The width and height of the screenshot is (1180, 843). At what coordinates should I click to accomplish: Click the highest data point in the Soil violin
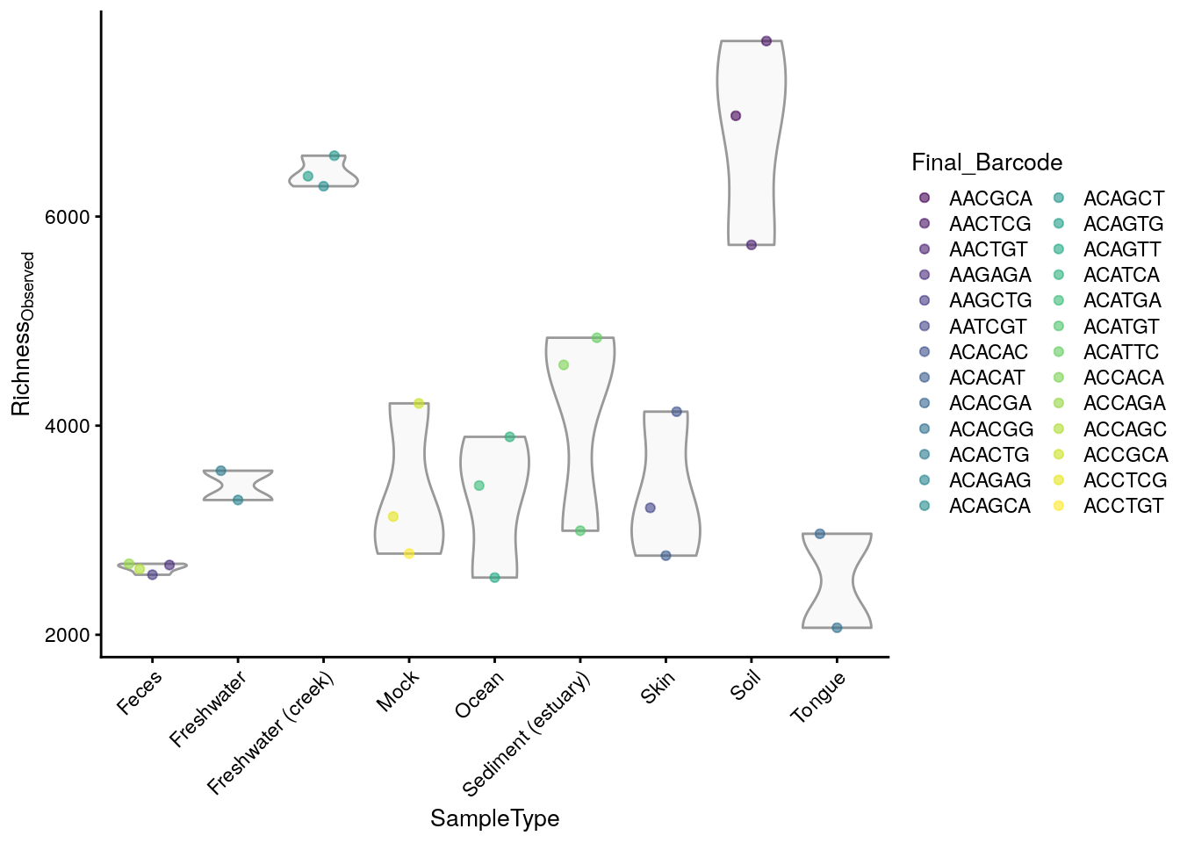(x=766, y=41)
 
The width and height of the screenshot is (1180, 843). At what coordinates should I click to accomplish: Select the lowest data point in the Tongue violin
(x=837, y=628)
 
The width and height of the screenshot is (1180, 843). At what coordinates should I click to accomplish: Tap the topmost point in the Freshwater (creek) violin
(x=334, y=156)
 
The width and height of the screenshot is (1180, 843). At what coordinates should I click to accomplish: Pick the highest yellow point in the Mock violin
(x=419, y=404)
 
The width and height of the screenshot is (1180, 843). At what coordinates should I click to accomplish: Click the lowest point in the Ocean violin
(x=494, y=578)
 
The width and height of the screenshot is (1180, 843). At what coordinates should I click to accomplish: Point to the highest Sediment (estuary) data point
(x=597, y=338)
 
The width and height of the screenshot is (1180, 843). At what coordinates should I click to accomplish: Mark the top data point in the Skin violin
(x=677, y=412)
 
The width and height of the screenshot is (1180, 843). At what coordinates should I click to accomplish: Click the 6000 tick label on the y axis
(x=68, y=217)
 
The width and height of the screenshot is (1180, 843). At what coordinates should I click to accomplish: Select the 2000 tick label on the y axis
(x=68, y=635)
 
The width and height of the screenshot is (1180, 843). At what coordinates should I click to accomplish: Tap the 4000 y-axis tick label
(x=68, y=426)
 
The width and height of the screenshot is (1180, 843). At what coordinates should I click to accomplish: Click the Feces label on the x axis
(x=139, y=692)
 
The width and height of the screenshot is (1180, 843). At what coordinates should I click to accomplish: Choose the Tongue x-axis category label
(x=817, y=696)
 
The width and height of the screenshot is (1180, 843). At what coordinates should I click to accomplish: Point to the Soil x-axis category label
(x=745, y=685)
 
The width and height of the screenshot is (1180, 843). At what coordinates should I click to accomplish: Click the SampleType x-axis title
(x=494, y=818)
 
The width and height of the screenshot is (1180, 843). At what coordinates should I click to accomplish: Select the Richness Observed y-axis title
(x=22, y=334)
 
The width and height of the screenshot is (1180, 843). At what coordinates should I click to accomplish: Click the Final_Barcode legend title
(x=987, y=162)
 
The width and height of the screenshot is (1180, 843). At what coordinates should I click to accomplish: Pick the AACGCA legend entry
(x=978, y=198)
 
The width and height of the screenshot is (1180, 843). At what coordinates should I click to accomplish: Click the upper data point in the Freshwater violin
(x=221, y=471)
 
